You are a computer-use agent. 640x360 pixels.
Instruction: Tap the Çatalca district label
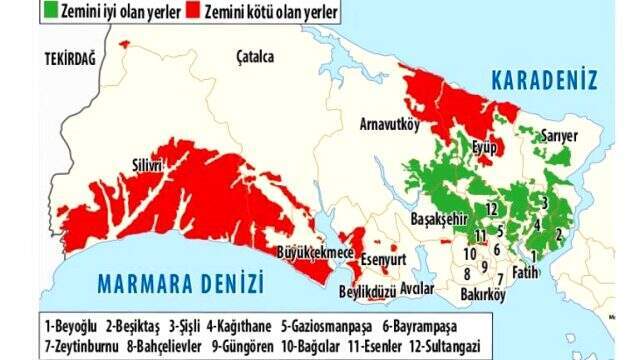(x=255, y=57)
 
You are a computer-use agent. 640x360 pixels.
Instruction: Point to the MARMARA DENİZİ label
(x=180, y=283)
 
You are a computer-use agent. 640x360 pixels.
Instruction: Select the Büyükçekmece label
(x=315, y=254)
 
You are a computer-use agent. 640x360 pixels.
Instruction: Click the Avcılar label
(x=416, y=289)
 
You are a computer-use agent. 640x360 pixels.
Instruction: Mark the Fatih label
(x=524, y=271)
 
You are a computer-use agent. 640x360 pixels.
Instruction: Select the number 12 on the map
(x=492, y=208)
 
